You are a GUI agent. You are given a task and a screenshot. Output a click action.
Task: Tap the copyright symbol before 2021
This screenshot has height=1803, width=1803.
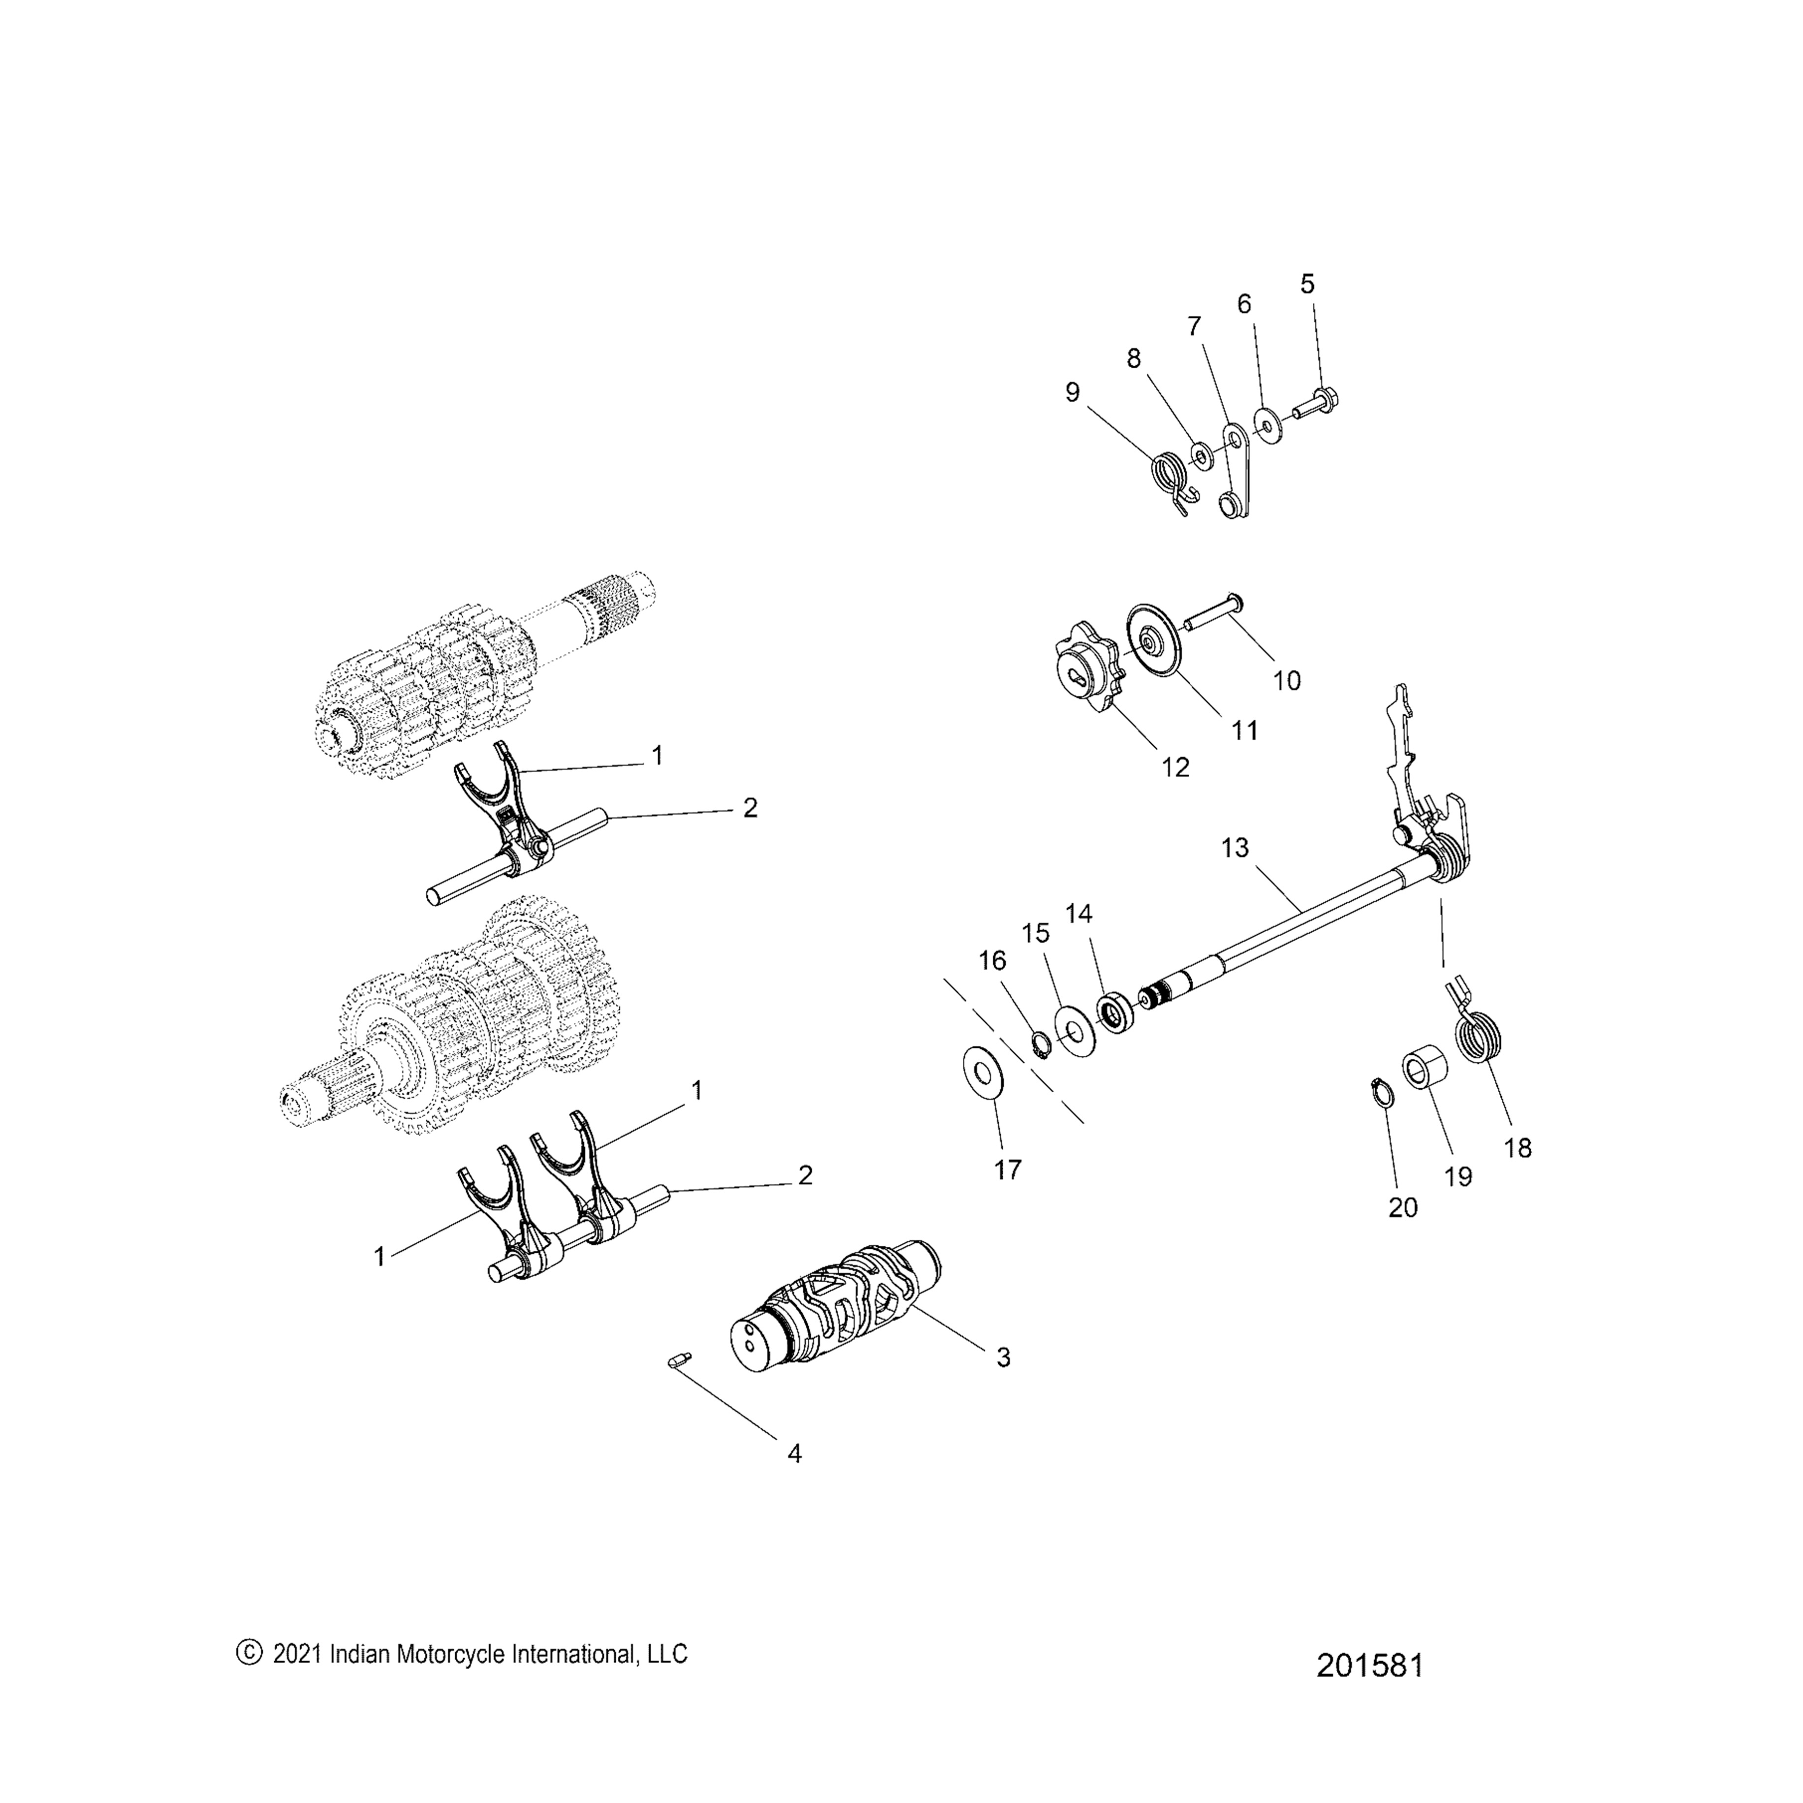point(248,1653)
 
